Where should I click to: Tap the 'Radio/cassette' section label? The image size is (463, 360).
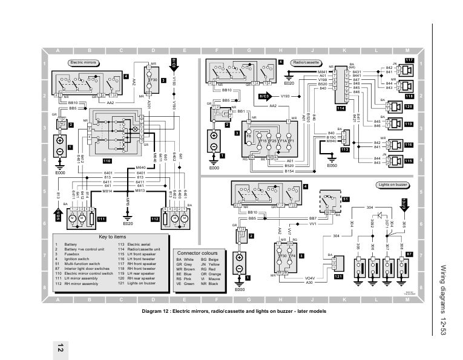click(306, 62)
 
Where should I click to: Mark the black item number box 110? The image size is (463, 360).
click(107, 162)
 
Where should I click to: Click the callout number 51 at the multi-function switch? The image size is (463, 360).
click(346, 198)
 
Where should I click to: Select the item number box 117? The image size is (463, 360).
click(409, 61)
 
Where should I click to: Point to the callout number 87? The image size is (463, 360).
click(409, 255)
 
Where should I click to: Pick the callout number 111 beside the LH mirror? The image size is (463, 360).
click(101, 218)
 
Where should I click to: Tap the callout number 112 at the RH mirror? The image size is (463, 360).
click(155, 218)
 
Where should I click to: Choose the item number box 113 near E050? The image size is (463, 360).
click(345, 149)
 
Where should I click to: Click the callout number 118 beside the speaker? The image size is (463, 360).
click(409, 96)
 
